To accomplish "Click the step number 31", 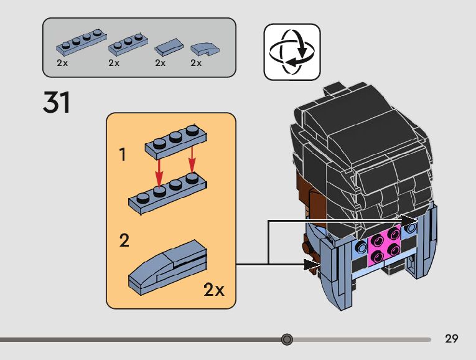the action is click(57, 102).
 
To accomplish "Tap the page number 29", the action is click(451, 338).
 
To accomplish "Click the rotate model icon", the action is click(292, 52).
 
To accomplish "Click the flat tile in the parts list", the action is click(169, 47).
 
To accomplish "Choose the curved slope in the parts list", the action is click(205, 49).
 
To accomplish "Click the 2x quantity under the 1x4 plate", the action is click(62, 63).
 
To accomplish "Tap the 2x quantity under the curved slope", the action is click(196, 63).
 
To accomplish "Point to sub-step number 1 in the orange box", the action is click(123, 154).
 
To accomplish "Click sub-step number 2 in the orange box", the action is click(124, 240).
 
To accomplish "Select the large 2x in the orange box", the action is click(214, 290).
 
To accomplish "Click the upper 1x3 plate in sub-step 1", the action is click(176, 142).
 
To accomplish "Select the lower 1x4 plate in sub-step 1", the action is click(167, 194).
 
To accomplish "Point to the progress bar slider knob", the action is click(287, 339).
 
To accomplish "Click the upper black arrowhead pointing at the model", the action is click(409, 221).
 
